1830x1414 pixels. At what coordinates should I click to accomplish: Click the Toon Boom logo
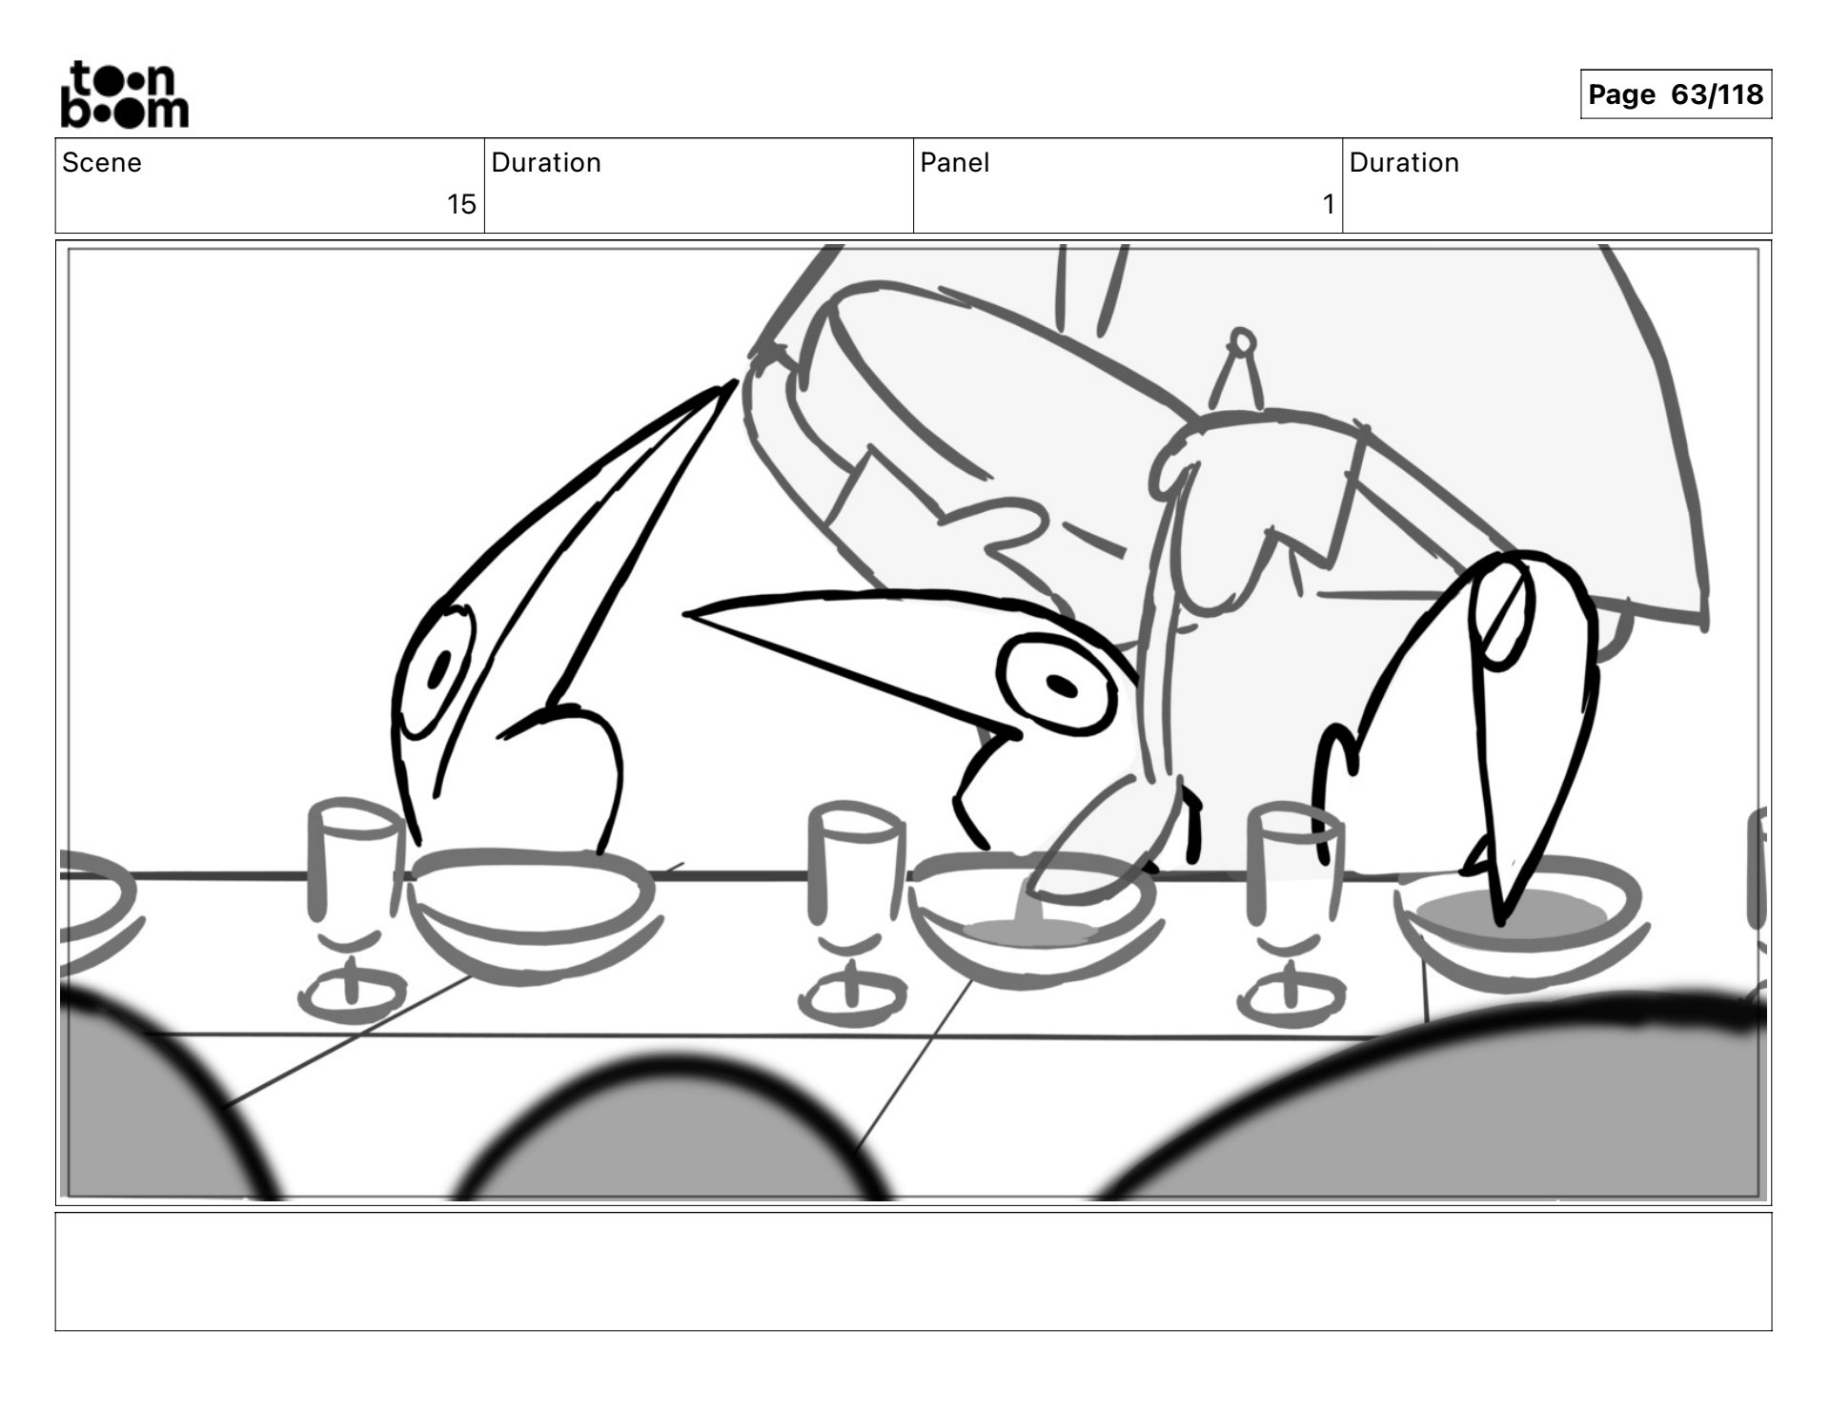(125, 94)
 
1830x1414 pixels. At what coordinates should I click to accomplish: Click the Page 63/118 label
(1676, 94)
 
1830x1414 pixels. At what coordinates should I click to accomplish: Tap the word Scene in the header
(102, 162)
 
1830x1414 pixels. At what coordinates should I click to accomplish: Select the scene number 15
(461, 204)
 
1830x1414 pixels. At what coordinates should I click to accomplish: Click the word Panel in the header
(955, 162)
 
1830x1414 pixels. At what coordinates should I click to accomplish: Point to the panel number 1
(1329, 204)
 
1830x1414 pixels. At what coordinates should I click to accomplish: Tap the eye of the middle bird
(1058, 685)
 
